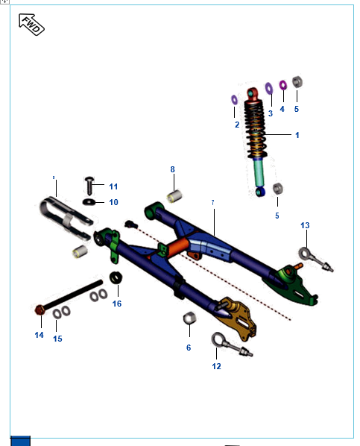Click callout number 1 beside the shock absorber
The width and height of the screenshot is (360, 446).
tap(297, 135)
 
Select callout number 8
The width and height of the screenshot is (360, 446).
tap(172, 169)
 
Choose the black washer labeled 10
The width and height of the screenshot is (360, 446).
tap(89, 201)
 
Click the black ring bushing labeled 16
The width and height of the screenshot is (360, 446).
tap(116, 279)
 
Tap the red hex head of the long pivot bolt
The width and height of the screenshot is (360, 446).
tap(39, 310)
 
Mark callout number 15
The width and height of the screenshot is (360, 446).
tap(57, 339)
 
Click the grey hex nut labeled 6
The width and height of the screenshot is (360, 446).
tap(189, 319)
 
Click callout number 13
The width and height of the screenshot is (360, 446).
tap(305, 225)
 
